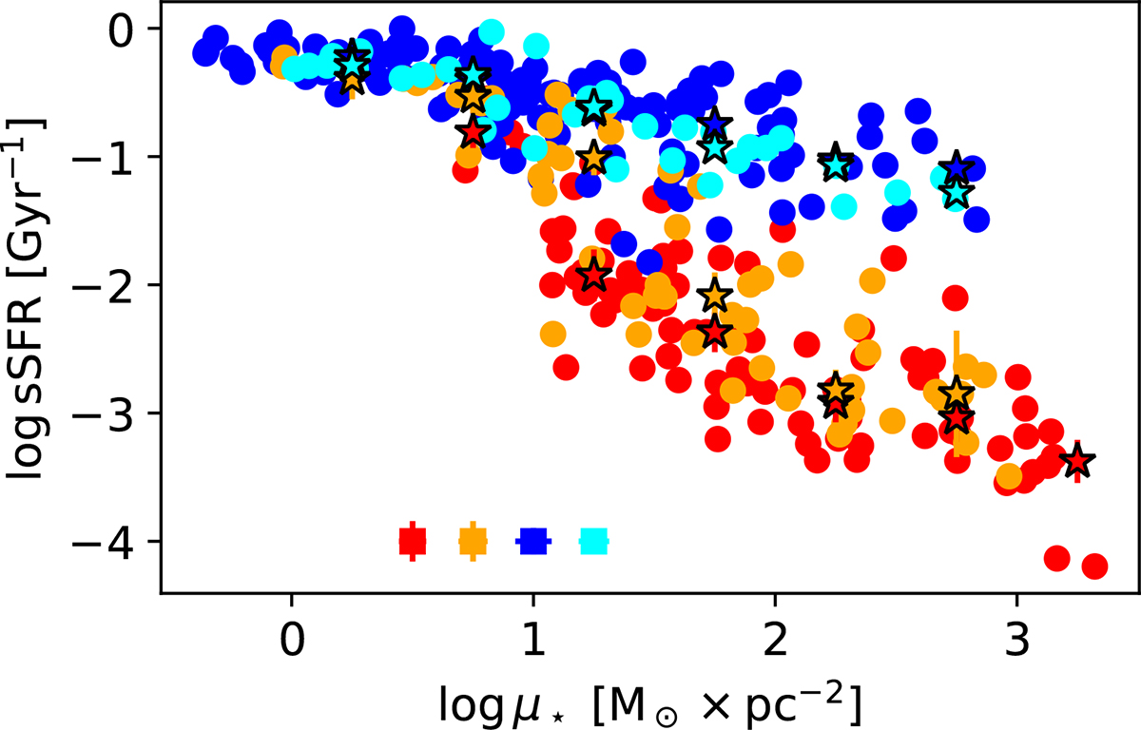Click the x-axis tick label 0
(291, 630)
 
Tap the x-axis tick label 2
(775, 630)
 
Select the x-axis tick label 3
(1017, 630)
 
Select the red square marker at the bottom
(412, 541)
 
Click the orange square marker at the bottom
(473, 541)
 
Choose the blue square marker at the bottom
(532, 541)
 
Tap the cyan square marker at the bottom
(593, 541)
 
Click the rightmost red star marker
(1077, 462)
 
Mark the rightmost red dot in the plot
(1094, 567)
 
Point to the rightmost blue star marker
(957, 168)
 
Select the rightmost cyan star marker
(957, 193)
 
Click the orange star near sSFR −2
(715, 297)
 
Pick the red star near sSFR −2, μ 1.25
(593, 275)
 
